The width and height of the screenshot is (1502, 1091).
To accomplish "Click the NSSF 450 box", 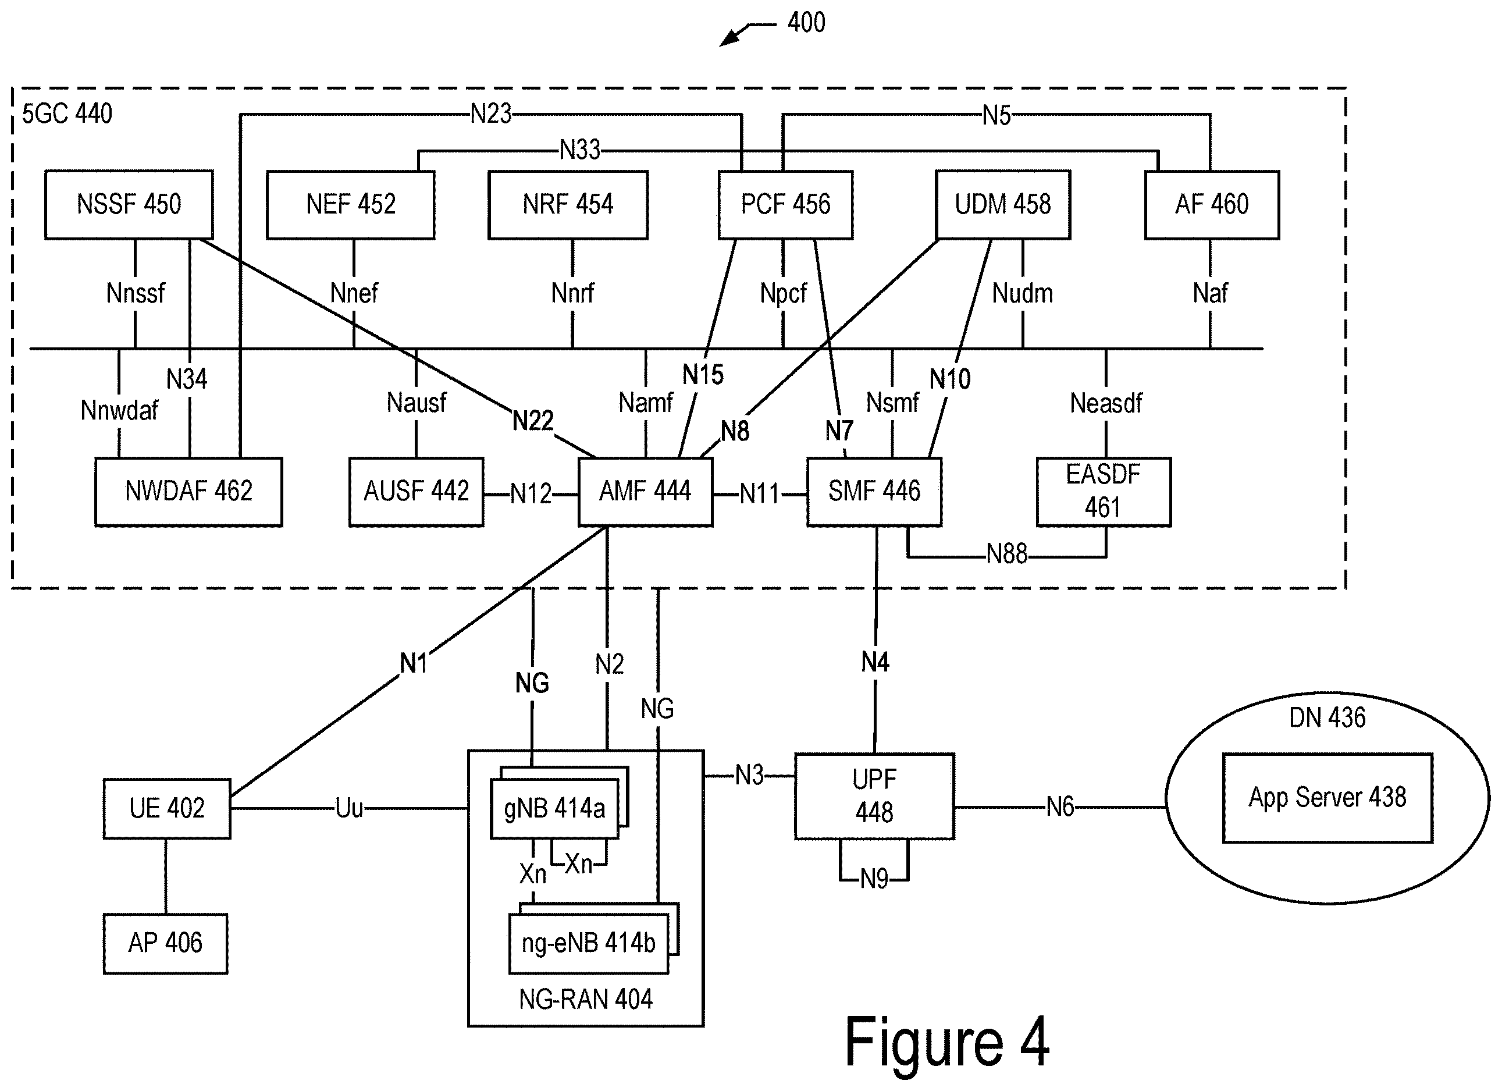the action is [129, 205].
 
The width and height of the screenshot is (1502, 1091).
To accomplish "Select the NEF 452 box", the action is [350, 205].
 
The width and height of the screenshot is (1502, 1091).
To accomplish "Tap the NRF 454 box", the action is [568, 205].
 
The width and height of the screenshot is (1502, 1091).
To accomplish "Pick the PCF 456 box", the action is [785, 205].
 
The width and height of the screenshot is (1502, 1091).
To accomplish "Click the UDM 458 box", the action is [1003, 205].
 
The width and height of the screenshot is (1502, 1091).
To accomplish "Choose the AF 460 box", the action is [1212, 205].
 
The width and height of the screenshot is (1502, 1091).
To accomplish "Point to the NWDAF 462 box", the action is [188, 492].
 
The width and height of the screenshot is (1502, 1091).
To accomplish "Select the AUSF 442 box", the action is [417, 492].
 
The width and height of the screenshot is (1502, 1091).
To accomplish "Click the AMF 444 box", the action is [646, 492].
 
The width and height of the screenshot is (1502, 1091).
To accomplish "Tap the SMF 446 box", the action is [874, 492].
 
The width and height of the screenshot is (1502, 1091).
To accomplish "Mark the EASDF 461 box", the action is [1104, 492].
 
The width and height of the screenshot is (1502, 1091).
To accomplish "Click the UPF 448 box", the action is [875, 796].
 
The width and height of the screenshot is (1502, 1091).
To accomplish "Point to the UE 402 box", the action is [167, 809].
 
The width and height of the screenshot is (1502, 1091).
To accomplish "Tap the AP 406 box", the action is [166, 943].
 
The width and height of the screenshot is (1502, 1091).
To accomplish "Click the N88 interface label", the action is [1006, 554].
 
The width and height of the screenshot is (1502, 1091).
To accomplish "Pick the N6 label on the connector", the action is [1060, 807].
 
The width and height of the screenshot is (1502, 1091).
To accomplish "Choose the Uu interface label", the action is [349, 808].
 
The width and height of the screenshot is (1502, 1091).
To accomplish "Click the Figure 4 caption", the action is [947, 1042].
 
